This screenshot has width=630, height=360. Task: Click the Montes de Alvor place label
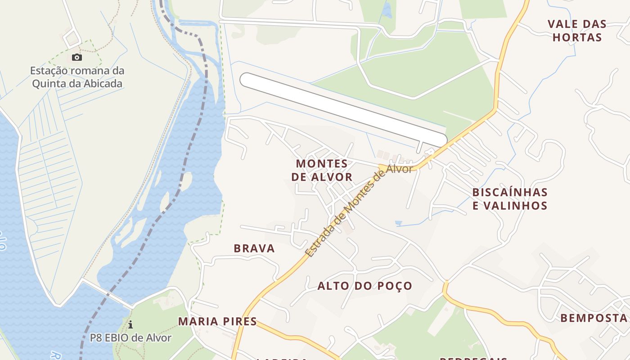322,170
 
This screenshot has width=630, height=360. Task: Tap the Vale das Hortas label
577,31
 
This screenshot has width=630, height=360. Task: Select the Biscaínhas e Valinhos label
510,199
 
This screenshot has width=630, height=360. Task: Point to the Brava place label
254,248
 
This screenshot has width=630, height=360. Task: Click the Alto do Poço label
365,286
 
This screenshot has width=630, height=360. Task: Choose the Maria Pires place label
217,321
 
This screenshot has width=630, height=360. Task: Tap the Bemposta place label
594,318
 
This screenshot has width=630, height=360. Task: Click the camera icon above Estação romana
77,57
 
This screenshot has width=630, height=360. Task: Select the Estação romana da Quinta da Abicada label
77,77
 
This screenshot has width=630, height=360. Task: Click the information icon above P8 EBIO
130,324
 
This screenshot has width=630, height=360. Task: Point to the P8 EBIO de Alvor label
130,337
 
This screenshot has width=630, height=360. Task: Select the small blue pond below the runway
398,223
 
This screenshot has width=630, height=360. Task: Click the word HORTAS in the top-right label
577,37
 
